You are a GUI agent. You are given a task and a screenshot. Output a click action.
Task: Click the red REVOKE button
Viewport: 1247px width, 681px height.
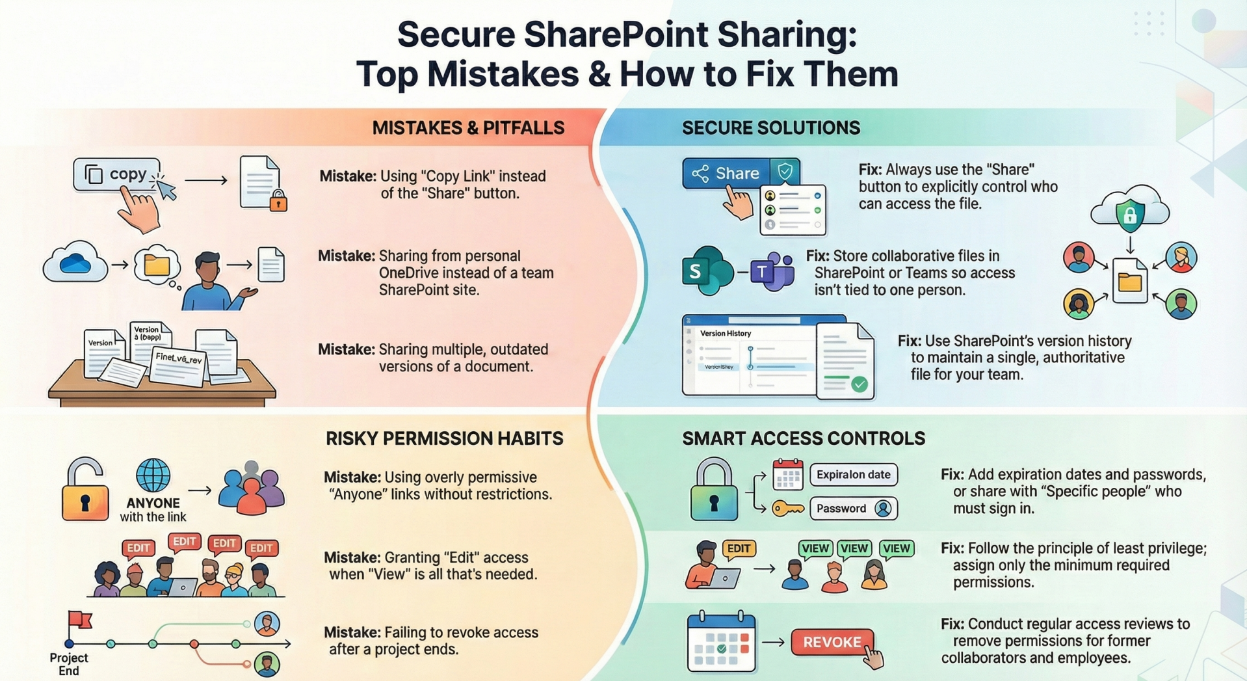832,643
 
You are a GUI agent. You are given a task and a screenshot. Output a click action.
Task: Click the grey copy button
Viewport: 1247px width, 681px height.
117,174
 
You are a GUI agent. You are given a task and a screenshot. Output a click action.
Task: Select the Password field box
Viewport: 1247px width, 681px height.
853,509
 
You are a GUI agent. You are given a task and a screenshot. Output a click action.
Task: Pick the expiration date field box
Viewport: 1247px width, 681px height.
853,475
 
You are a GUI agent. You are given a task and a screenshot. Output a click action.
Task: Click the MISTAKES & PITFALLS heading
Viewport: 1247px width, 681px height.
468,128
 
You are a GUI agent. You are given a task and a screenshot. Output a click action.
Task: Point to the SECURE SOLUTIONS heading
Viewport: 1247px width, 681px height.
770,128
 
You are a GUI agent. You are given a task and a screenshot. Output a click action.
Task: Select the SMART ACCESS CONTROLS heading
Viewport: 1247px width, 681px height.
803,439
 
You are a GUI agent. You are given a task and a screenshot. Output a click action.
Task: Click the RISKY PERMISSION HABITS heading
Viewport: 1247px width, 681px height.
444,439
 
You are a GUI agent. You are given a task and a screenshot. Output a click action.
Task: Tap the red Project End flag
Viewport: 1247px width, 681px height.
79,620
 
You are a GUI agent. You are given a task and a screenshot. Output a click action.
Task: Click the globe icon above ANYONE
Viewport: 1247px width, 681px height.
153,475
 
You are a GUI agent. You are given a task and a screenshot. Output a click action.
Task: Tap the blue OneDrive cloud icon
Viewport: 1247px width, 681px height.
75,263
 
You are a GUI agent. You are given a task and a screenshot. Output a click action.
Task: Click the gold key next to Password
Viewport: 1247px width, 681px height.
787,509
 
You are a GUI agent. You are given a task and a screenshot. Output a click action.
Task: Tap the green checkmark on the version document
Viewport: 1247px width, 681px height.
860,384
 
